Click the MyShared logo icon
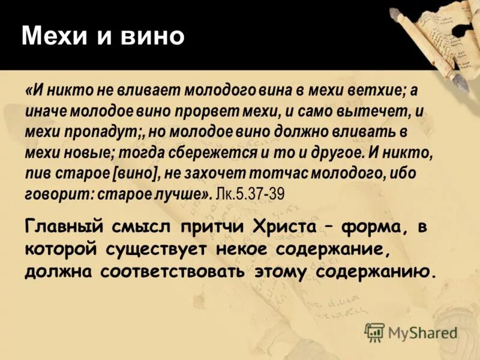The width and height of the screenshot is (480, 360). tap(374, 332)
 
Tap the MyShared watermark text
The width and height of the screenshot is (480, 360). tap(423, 332)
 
